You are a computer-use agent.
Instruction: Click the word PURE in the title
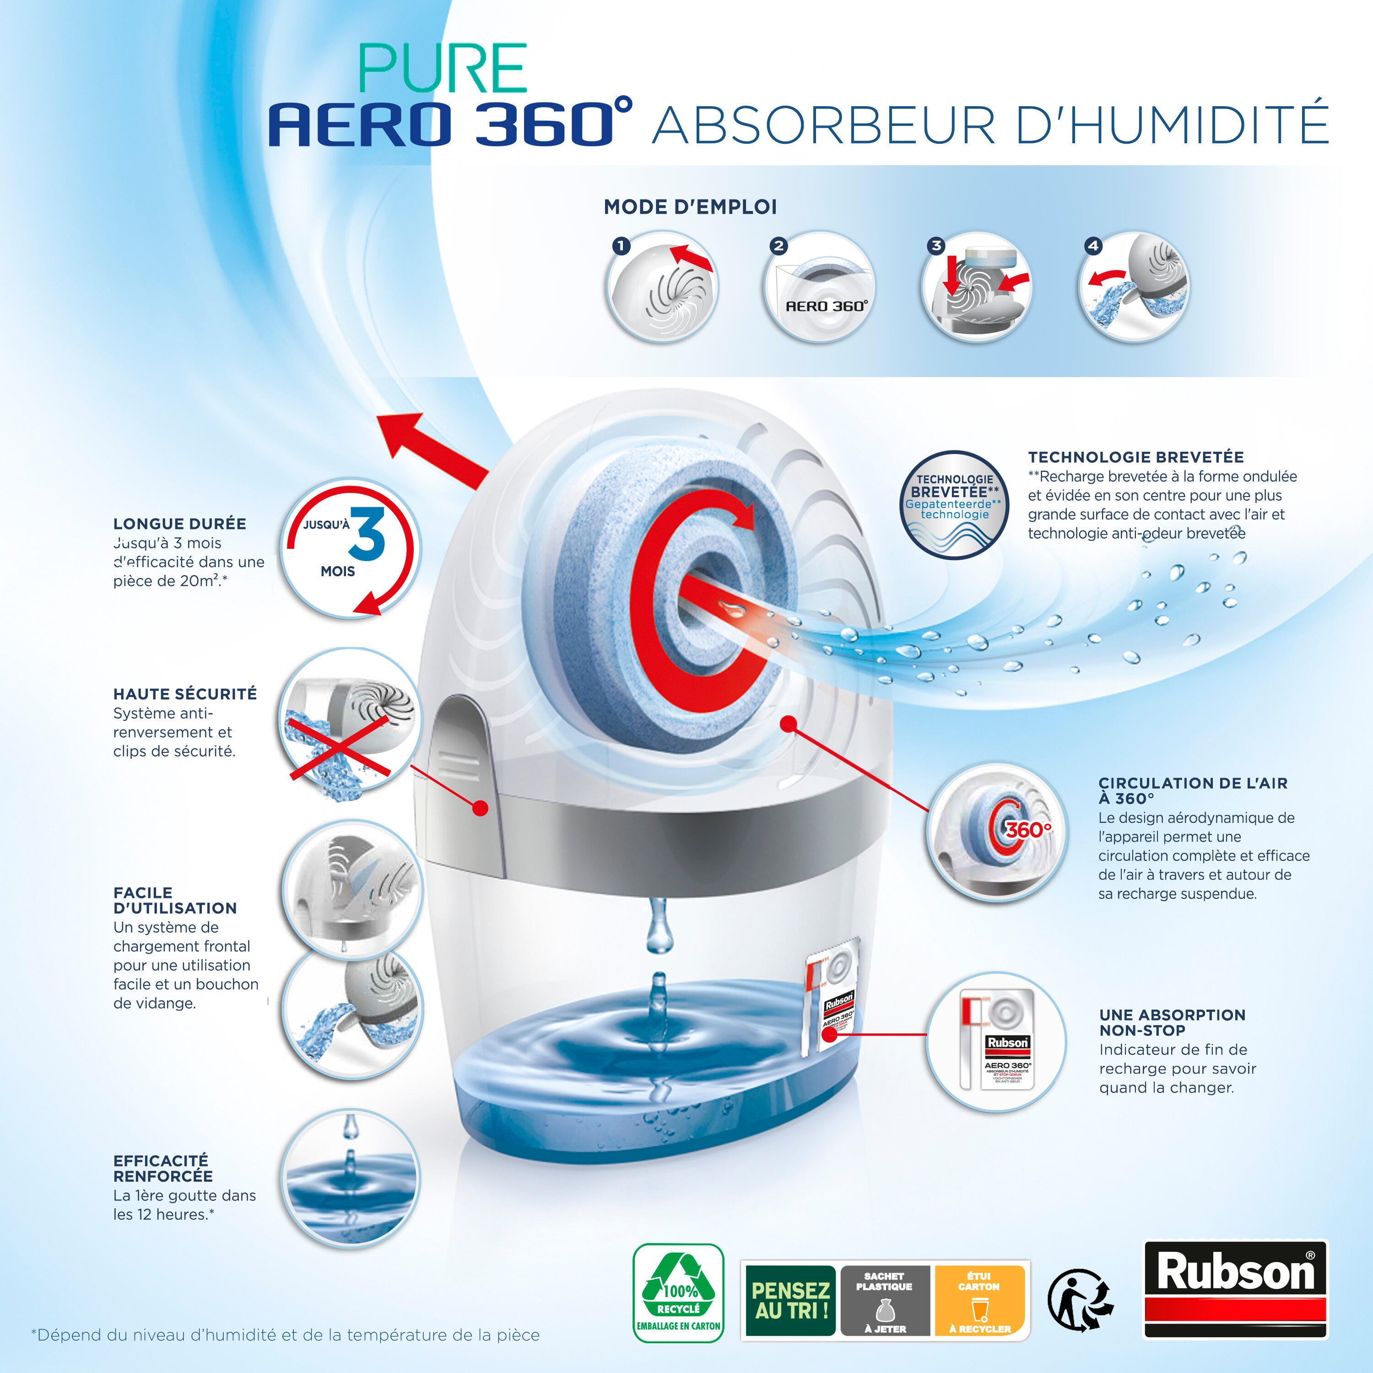coord(443,69)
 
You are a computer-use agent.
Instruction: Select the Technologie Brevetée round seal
coord(954,504)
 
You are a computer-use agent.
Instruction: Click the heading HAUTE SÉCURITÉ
coord(185,694)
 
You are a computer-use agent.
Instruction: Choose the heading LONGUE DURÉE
coord(179,524)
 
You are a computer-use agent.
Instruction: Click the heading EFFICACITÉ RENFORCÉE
coord(162,1168)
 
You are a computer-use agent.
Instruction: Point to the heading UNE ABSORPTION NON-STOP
coord(1172,1022)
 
